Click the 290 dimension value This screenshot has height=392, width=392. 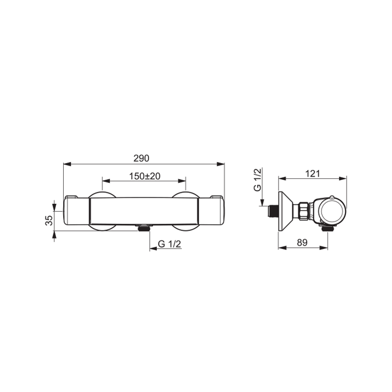pyautogui.click(x=141, y=158)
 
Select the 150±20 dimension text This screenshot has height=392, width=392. pyautogui.click(x=144, y=176)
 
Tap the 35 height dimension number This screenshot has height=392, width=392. pyautogui.click(x=49, y=221)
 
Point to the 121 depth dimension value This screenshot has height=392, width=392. pyautogui.click(x=313, y=174)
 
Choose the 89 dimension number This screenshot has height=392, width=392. pyautogui.click(x=302, y=243)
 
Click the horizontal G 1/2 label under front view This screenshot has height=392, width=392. pyautogui.click(x=169, y=244)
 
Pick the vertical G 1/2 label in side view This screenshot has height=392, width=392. pyautogui.click(x=257, y=180)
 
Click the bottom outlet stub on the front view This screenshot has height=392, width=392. pyautogui.click(x=144, y=228)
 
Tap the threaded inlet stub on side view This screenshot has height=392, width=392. pyautogui.click(x=273, y=212)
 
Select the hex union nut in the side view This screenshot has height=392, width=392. pyautogui.click(x=303, y=211)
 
